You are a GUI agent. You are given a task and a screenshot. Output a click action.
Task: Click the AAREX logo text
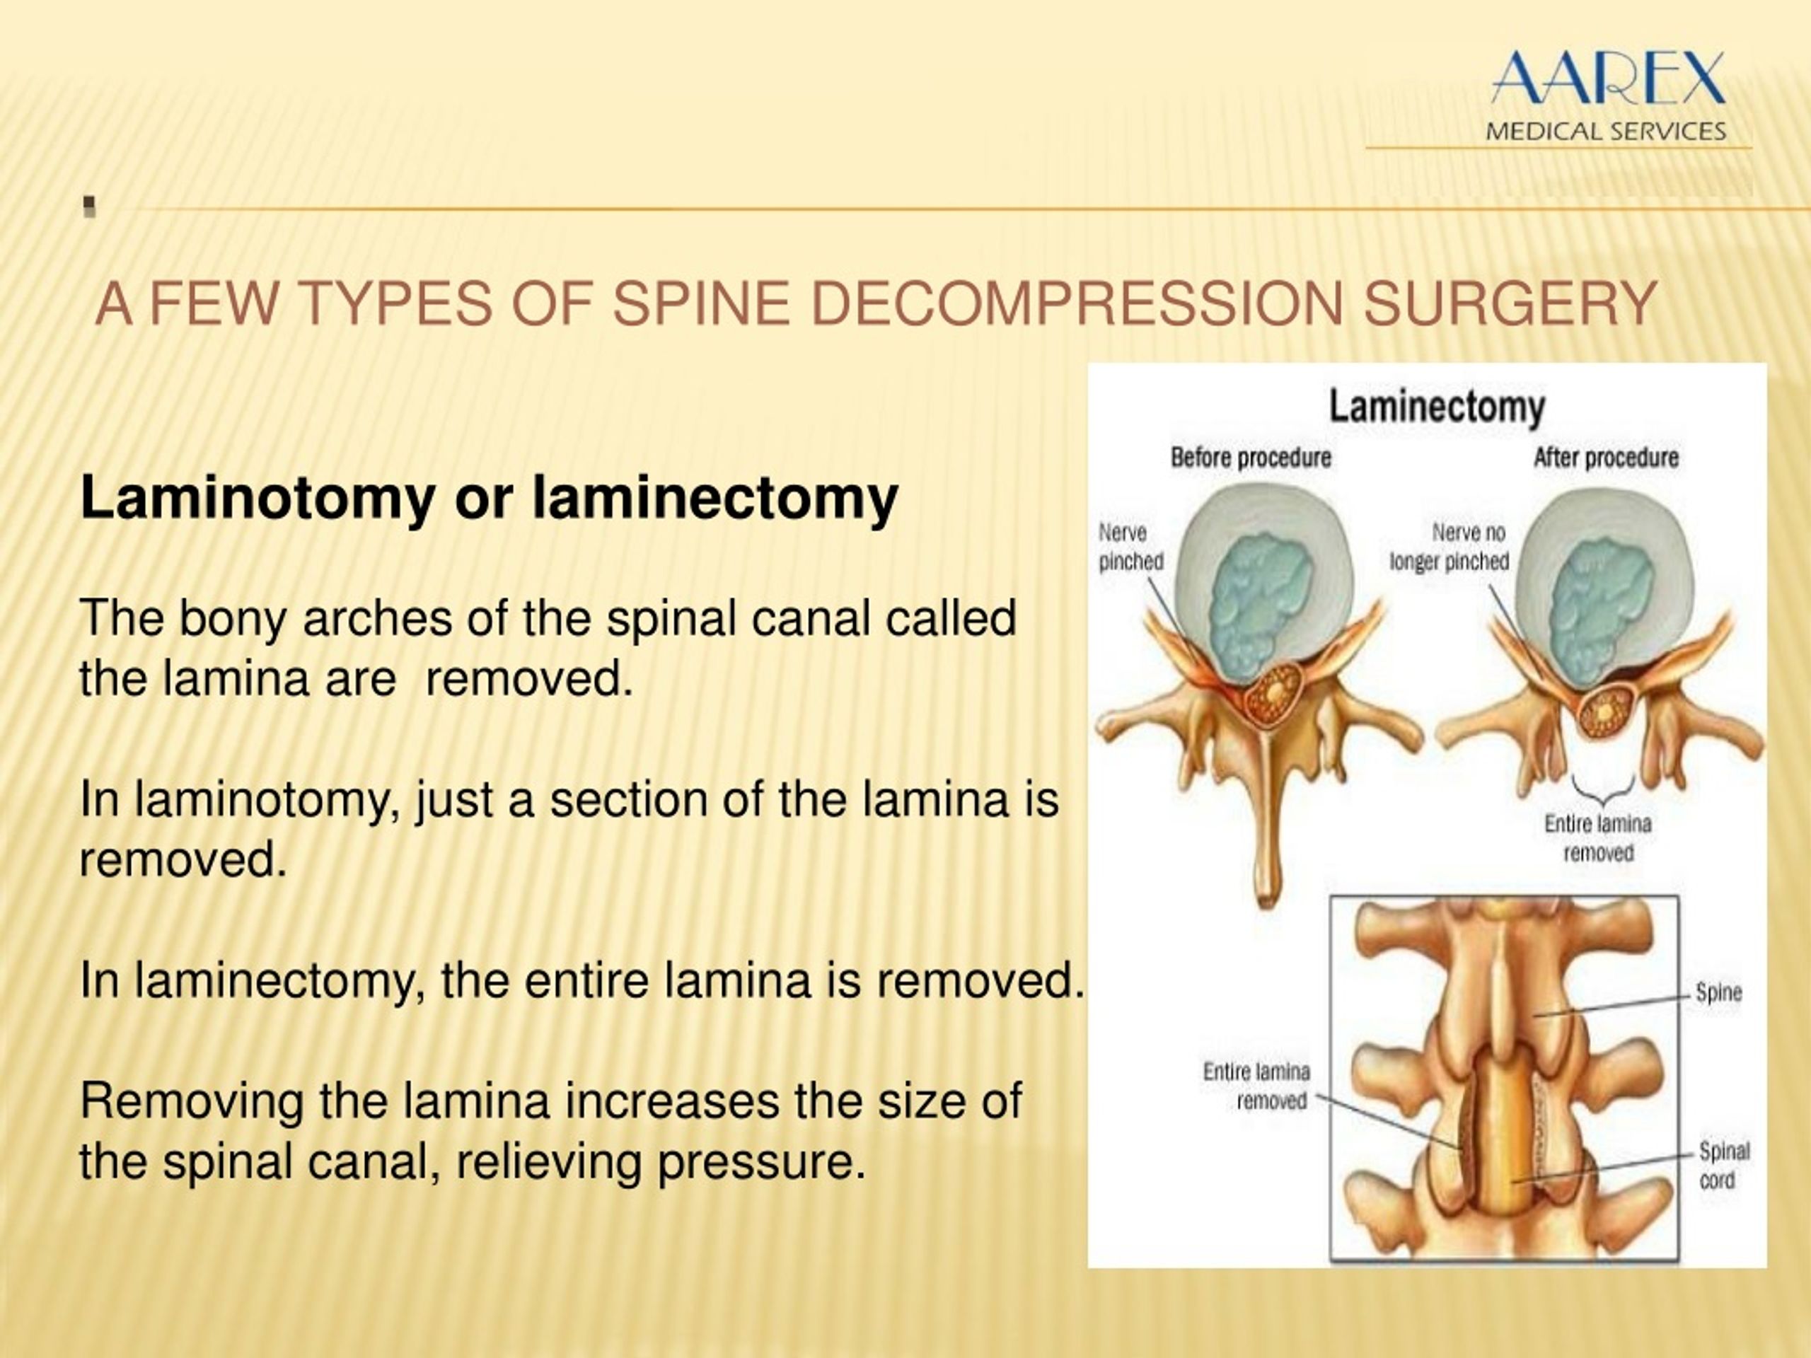tap(1607, 78)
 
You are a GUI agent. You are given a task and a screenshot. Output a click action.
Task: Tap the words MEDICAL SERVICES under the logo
tap(1606, 132)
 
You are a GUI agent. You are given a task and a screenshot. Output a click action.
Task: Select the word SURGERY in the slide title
tap(1511, 303)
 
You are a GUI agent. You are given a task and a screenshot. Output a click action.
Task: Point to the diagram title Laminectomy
tap(1436, 407)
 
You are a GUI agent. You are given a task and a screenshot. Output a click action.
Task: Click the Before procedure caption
tap(1250, 458)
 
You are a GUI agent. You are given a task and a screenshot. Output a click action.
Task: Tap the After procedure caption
tap(1606, 458)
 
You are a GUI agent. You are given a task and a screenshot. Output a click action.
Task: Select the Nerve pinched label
tap(1130, 547)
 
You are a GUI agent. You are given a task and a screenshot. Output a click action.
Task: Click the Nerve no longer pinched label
tap(1449, 547)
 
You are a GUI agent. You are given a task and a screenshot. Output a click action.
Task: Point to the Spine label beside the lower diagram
tap(1718, 993)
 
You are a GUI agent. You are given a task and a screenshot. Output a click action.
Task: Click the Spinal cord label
tap(1723, 1166)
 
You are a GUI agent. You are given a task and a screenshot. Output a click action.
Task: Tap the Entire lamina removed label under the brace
tap(1598, 838)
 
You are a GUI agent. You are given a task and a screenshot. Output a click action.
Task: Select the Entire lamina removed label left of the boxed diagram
tap(1256, 1086)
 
